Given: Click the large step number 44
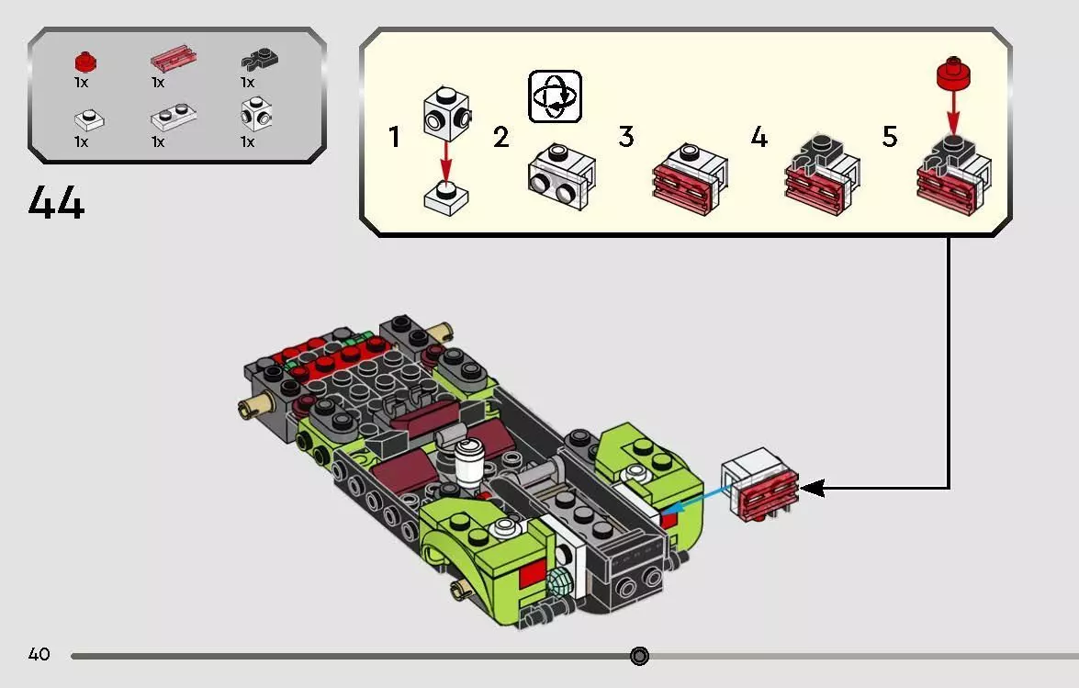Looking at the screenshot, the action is (x=56, y=203).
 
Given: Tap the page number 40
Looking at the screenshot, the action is (x=39, y=654).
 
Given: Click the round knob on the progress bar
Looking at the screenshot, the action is (x=639, y=656).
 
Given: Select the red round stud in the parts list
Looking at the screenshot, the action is (x=85, y=62).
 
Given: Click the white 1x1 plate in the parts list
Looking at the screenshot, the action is (x=89, y=120).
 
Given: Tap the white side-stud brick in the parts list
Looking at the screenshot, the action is (x=256, y=114).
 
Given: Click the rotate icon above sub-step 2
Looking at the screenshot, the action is (x=555, y=96).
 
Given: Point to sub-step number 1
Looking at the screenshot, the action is (x=394, y=137).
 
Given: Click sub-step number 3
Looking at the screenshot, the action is (x=625, y=136).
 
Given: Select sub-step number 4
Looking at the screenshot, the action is (x=759, y=136).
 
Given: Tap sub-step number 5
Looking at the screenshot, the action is (x=890, y=136).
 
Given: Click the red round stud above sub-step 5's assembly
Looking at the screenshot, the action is (x=953, y=73).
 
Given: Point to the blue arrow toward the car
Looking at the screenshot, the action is (x=695, y=500).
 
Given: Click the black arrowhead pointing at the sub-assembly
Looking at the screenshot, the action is (x=812, y=489).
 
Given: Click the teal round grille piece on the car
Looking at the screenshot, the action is (x=561, y=582).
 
